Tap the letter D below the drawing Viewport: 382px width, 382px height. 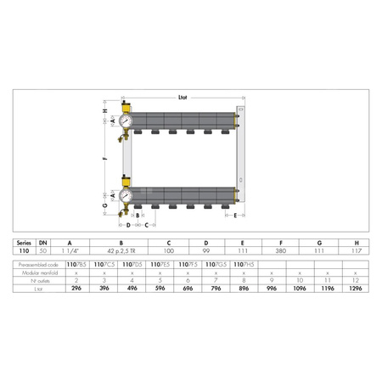[128, 225]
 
